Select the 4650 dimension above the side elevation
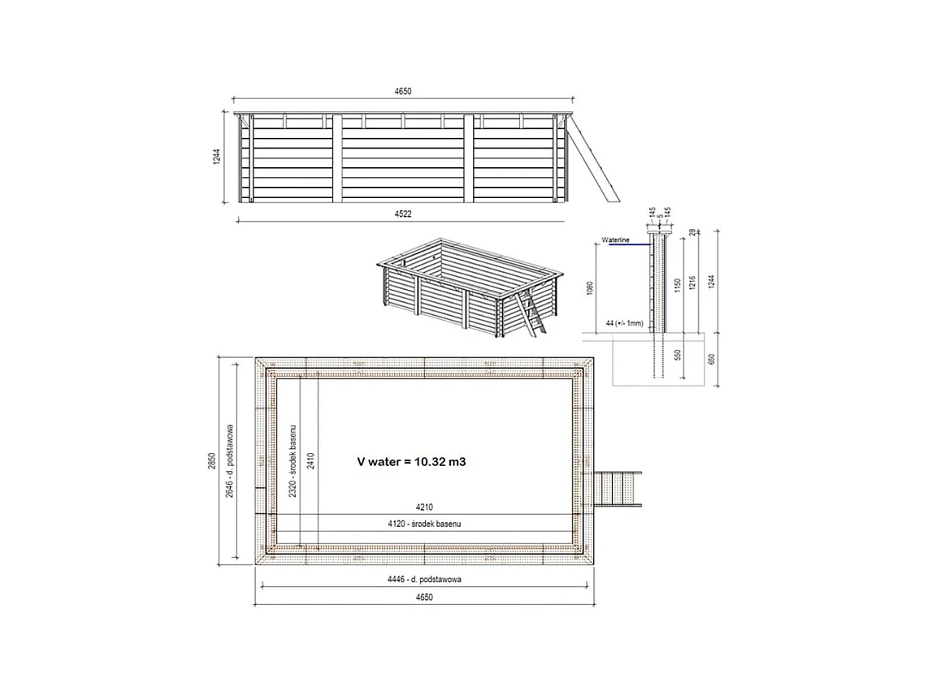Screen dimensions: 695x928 pyautogui.click(x=404, y=92)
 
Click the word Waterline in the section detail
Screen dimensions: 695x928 pyautogui.click(x=616, y=240)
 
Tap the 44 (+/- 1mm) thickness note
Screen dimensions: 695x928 pyautogui.click(x=624, y=323)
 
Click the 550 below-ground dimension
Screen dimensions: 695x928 pyautogui.click(x=677, y=356)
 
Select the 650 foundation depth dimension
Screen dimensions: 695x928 pyautogui.click(x=713, y=359)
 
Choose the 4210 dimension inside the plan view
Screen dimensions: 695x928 pyautogui.click(x=425, y=507)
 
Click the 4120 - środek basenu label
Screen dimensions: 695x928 pyautogui.click(x=424, y=524)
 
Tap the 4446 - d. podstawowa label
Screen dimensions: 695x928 pyautogui.click(x=425, y=581)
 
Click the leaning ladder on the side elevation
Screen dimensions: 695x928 pyautogui.click(x=593, y=158)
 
